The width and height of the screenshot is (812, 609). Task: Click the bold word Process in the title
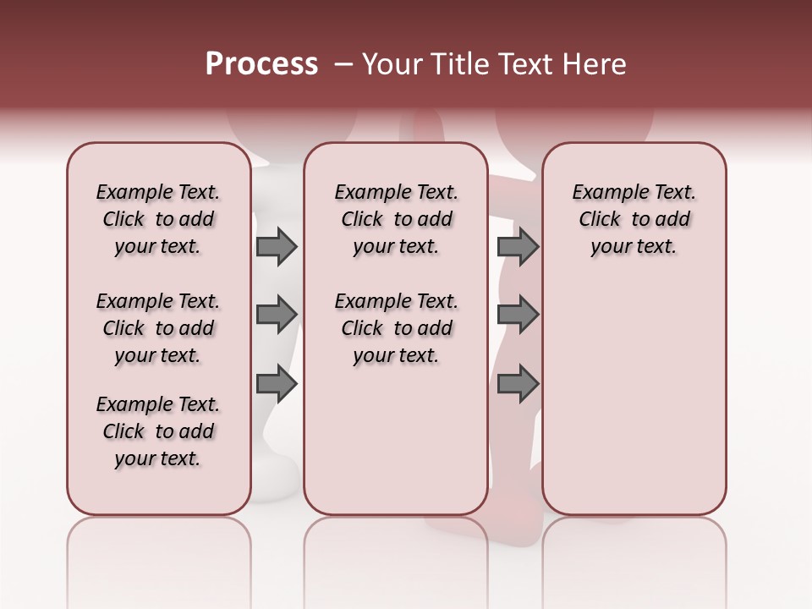pos(261,64)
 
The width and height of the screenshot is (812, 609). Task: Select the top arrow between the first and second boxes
pos(277,246)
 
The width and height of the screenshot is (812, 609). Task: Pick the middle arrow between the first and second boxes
pos(277,315)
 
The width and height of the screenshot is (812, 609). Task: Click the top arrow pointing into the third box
pos(518,246)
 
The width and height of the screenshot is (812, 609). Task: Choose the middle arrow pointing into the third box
pos(518,315)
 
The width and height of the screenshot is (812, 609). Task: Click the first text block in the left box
pos(158,219)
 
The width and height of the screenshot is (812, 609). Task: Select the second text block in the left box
pos(158,328)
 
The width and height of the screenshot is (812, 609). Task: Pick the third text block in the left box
pos(158,431)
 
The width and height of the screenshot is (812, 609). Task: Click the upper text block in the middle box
pos(396,219)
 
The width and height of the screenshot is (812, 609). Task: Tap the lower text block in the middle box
pos(396,328)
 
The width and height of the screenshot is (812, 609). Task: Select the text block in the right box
pos(634,219)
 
